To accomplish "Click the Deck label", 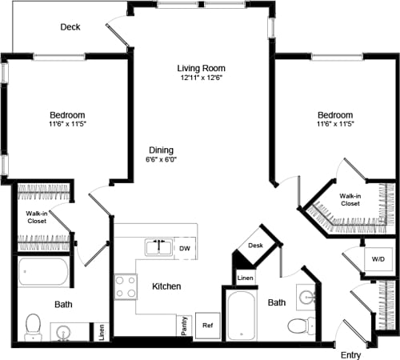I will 70,27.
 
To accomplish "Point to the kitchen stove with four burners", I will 126,286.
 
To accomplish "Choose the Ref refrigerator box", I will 206,326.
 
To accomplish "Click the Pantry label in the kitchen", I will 182,326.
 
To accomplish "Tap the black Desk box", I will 255,246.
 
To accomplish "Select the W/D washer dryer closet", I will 376,258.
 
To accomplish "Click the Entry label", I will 350,354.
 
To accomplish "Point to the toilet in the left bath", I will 33,325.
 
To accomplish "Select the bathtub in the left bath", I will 45,274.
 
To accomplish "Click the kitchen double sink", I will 158,246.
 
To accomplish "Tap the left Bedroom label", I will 67,115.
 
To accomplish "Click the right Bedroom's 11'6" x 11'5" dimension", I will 334,125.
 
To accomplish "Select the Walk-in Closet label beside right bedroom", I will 349,199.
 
